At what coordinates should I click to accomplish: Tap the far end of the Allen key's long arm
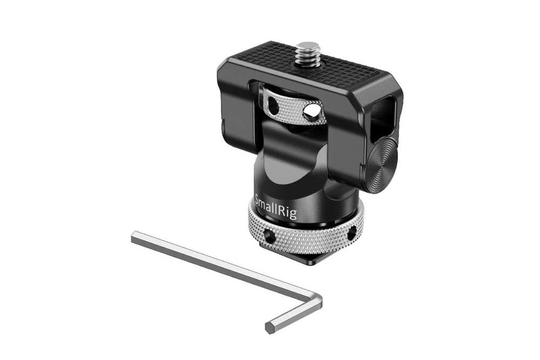tap(135, 236)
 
